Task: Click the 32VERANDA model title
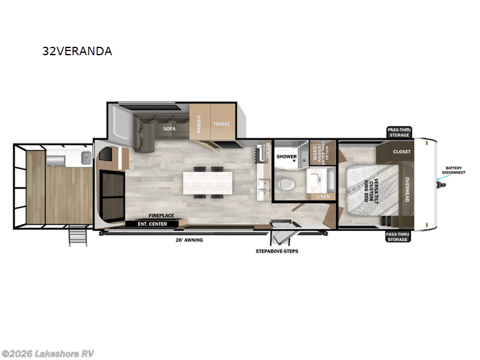(x=77, y=51)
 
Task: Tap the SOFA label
(x=169, y=128)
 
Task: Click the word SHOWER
(x=287, y=157)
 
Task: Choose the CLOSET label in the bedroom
(x=401, y=152)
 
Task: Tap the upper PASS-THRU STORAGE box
(x=398, y=133)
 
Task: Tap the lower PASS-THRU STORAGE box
(x=398, y=236)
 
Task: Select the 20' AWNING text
(x=189, y=240)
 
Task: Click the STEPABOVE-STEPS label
(x=277, y=251)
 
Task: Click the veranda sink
(x=85, y=160)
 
